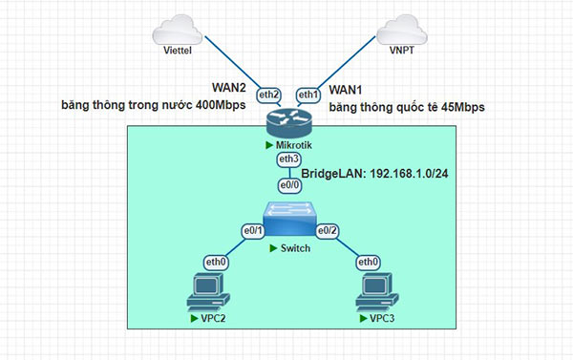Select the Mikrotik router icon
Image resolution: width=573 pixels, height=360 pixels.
tap(289, 122)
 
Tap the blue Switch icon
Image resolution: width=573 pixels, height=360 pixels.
tap(290, 222)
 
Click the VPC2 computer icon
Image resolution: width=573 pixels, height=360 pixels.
tap(207, 291)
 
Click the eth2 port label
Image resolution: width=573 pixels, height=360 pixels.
tap(269, 95)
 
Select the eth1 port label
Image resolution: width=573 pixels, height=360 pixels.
tap(308, 95)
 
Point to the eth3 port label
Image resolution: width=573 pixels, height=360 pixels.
tap(287, 159)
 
